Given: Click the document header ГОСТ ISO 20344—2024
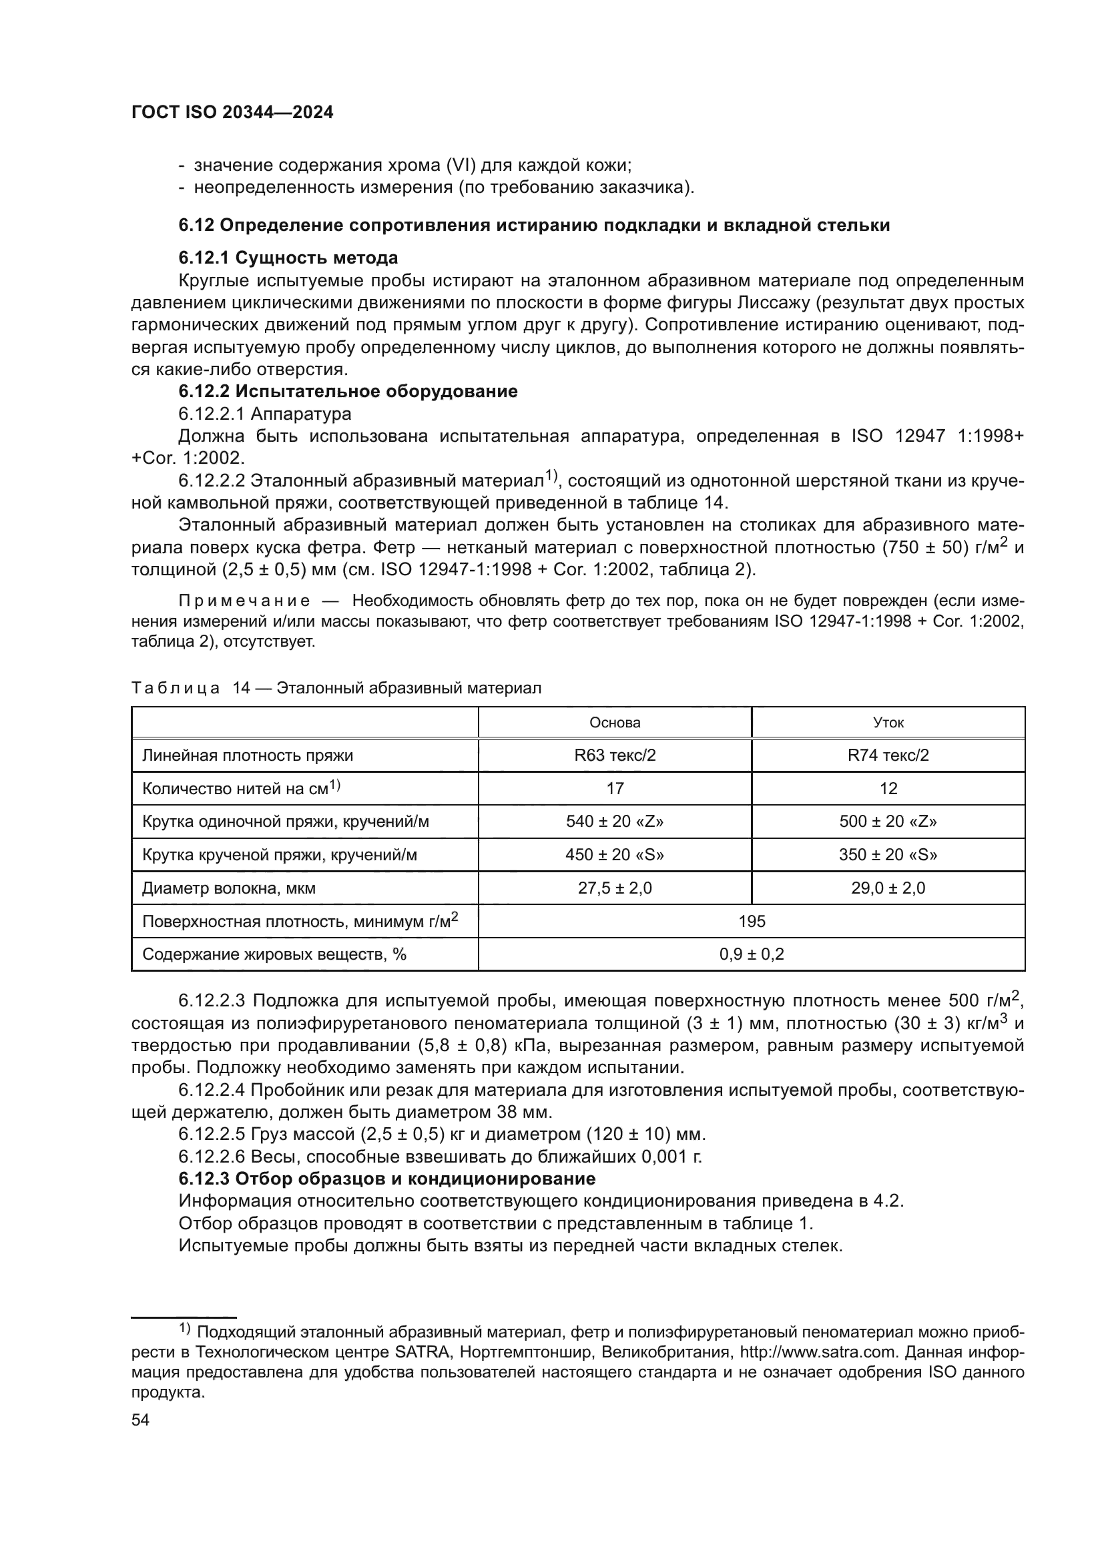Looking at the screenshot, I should (x=232, y=113).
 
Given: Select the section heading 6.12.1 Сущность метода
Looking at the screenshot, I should (x=288, y=258).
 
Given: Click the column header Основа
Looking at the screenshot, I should (x=615, y=722).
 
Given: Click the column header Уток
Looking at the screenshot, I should (x=888, y=722).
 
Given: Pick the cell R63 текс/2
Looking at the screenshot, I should (x=615, y=755).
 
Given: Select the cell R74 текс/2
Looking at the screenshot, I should (x=888, y=755).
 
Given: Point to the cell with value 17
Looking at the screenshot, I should (x=615, y=789).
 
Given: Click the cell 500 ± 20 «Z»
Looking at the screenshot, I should (x=888, y=822).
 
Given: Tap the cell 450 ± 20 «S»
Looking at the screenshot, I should (x=615, y=855).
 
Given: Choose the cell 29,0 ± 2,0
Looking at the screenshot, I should (x=888, y=888).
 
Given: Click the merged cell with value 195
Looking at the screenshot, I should (x=751, y=921).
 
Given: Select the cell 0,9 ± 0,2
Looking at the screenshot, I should (x=751, y=954).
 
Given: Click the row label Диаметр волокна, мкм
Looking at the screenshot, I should (x=229, y=888).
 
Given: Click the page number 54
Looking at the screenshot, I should (x=140, y=1420).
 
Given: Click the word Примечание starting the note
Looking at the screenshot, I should (x=244, y=601).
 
